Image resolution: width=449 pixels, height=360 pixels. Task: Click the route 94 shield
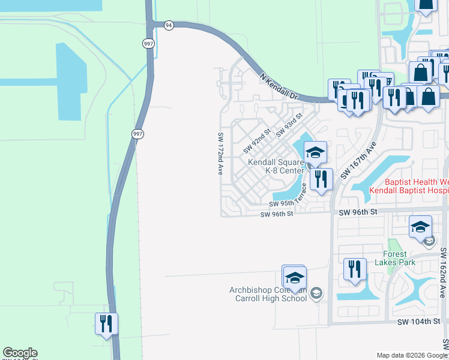pos(169,25)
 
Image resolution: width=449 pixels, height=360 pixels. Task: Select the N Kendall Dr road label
pos(279,86)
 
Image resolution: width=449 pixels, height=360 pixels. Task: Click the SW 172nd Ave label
pos(220,154)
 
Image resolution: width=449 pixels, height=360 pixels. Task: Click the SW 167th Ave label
pos(358,160)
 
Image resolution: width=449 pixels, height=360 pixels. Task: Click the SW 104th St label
pos(419,322)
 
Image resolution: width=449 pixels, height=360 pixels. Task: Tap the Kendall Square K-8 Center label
pos(277,166)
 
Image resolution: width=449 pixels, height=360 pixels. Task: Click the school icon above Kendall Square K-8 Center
pos(315,153)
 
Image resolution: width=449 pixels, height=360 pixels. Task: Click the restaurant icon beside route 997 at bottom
pos(106,324)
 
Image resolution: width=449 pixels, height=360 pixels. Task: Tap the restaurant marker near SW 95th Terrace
pos(321,179)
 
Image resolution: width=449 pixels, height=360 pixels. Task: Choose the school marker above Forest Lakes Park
pos(420,227)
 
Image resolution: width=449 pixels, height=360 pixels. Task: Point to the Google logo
pos(20,353)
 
